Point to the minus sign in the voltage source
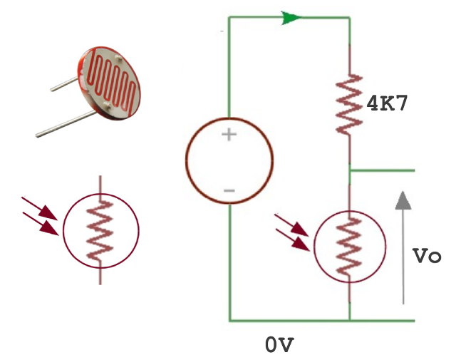pyautogui.click(x=229, y=190)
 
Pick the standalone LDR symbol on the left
pyautogui.click(x=101, y=230)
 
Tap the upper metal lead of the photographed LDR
pyautogui.click(x=68, y=85)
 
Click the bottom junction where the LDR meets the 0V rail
pyautogui.click(x=350, y=321)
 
